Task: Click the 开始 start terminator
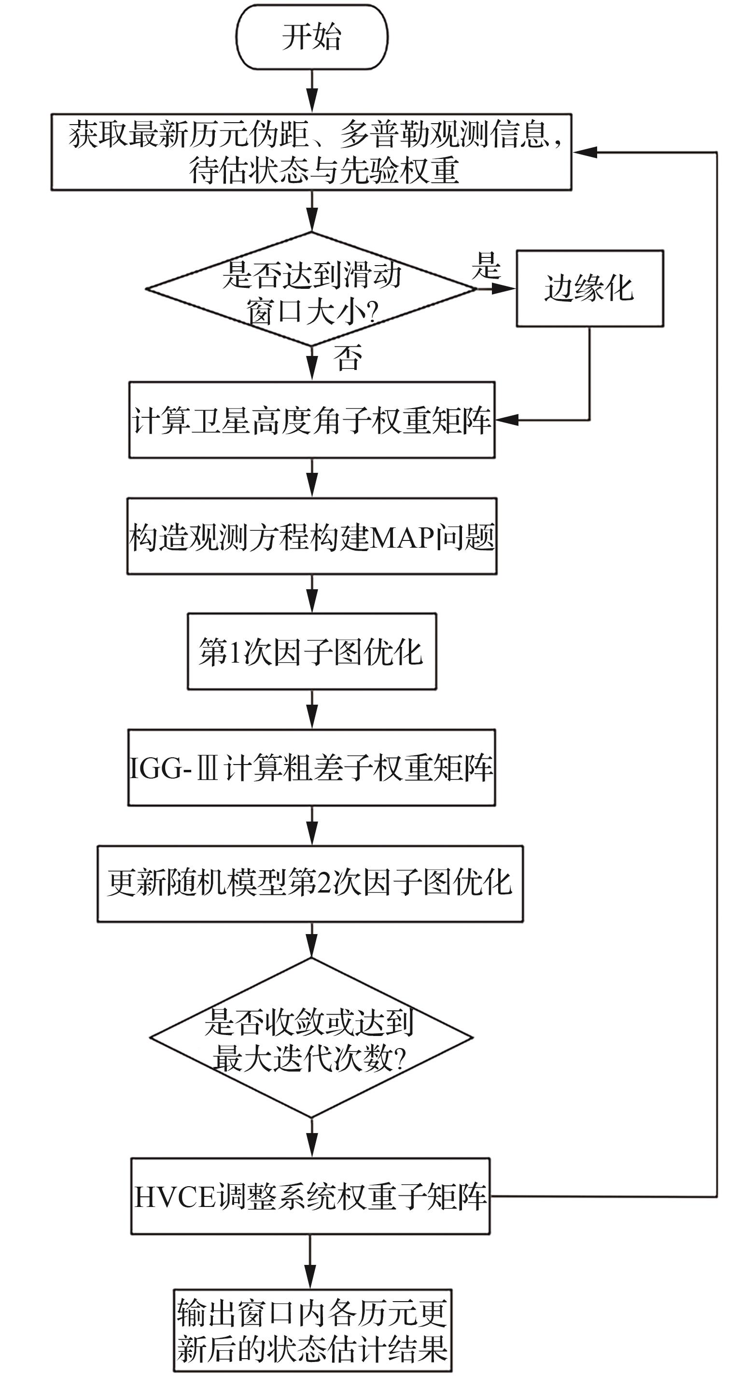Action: (312, 37)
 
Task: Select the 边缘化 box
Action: (589, 288)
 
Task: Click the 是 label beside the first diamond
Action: (486, 265)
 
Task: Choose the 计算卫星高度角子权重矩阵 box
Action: (312, 420)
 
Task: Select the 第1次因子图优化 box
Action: (312, 652)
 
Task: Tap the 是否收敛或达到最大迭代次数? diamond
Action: (311, 1037)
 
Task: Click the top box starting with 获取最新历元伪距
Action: (311, 152)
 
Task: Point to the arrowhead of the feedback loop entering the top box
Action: (584, 152)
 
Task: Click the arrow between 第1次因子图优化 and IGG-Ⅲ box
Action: (312, 709)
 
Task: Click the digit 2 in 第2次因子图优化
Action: (323, 883)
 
